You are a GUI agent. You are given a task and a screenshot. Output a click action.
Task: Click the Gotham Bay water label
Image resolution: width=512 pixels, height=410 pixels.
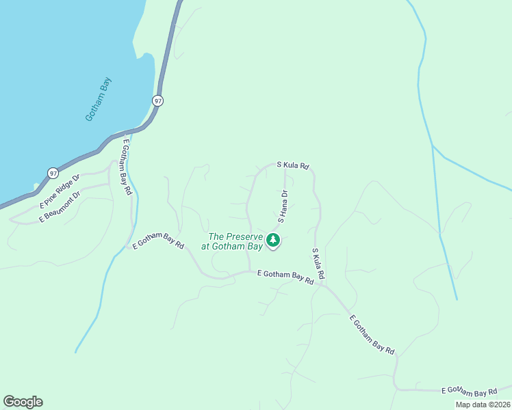tap(99, 99)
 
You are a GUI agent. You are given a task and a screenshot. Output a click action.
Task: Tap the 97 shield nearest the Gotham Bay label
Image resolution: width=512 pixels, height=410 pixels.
tap(158, 100)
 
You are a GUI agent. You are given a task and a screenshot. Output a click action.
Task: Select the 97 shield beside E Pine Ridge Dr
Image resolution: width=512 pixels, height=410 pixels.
tap(53, 173)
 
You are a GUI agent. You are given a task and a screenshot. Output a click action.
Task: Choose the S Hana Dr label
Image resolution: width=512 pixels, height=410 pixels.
tap(281, 206)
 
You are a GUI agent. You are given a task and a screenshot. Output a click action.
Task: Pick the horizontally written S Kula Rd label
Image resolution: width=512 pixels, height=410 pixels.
tap(293, 165)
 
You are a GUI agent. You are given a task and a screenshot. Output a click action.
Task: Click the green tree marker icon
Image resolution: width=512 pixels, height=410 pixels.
tap(273, 241)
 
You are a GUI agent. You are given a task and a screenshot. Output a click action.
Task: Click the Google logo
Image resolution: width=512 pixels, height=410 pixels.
tap(23, 402)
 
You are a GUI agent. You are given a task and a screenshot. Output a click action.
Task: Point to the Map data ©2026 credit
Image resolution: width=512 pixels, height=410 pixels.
tap(483, 405)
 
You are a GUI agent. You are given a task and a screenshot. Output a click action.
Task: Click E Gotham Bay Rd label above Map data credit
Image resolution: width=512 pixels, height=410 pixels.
tap(470, 391)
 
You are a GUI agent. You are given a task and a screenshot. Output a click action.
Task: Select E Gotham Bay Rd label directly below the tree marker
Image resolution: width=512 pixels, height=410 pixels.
tap(285, 276)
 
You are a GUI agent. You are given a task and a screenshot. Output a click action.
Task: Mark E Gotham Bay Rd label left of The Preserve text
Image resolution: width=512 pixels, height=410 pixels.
tap(159, 240)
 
